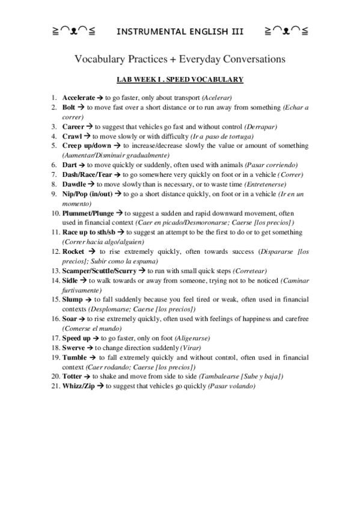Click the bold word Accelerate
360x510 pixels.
click(78, 97)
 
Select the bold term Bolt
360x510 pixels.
click(69, 107)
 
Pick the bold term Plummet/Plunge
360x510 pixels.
click(88, 213)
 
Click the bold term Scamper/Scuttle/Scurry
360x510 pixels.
click(99, 271)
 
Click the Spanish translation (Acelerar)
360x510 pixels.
click(217, 97)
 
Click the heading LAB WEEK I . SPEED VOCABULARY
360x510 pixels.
click(180, 79)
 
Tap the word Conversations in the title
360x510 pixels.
click(249, 59)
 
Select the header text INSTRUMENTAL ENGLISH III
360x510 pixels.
click(180, 31)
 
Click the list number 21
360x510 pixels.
click(53, 386)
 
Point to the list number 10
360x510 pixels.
click(53, 213)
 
